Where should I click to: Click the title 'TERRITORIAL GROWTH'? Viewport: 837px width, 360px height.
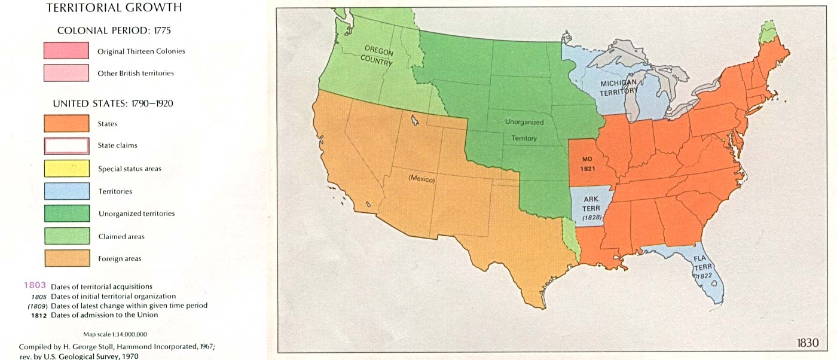pyautogui.click(x=114, y=8)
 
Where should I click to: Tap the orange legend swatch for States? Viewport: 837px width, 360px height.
pyautogui.click(x=66, y=124)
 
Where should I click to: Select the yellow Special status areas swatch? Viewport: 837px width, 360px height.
pyautogui.click(x=66, y=169)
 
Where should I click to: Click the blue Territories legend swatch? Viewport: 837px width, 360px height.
pyautogui.click(x=66, y=191)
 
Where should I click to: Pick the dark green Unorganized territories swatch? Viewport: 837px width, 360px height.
pyautogui.click(x=66, y=213)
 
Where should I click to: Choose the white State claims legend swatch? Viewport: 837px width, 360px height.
pyautogui.click(x=66, y=145)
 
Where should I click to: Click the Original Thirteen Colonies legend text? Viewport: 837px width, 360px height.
pyautogui.click(x=141, y=51)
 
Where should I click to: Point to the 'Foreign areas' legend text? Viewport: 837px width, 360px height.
pyautogui.click(x=120, y=259)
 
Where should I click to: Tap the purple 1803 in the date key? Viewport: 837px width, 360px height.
pyautogui.click(x=34, y=286)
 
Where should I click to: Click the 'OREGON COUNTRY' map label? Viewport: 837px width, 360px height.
pyautogui.click(x=377, y=55)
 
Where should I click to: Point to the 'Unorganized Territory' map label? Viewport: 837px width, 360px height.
pyautogui.click(x=524, y=130)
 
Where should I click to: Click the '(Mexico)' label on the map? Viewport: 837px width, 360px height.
pyautogui.click(x=421, y=179)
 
